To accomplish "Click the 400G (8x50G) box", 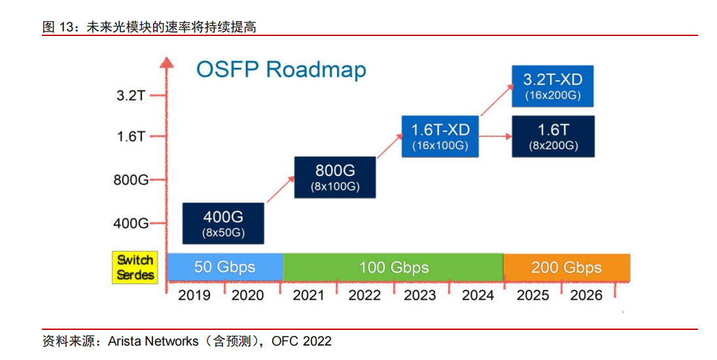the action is coord(223,223).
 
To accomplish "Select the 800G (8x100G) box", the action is coord(335,177).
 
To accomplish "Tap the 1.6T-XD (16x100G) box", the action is coord(440,136).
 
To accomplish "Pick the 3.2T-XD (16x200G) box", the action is coord(552,86).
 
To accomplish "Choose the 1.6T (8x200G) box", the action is coord(553,136).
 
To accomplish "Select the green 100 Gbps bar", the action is coord(393,267).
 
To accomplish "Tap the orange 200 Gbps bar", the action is coord(567,267).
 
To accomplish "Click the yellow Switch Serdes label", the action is coord(135,267).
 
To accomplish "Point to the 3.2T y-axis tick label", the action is coord(131,96).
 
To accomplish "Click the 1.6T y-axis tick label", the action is coord(131,136).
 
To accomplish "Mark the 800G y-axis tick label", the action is coord(131,180).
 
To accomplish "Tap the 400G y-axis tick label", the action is coord(131,223).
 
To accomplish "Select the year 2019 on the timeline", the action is coord(194,295).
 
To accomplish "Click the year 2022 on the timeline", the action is coord(364,295).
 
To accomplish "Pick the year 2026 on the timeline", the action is coord(586,295).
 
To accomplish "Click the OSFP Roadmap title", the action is coord(281,69).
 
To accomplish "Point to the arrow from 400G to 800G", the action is coord(280,189).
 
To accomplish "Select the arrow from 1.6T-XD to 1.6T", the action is coord(495,136).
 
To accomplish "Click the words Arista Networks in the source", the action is coord(153,341).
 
